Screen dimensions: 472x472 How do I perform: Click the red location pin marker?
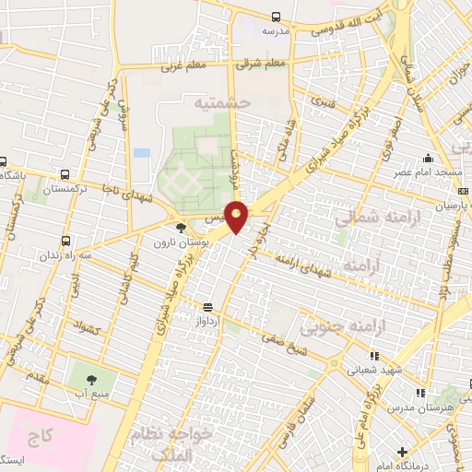coord(237,216)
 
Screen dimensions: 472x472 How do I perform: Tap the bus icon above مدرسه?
coord(277,16)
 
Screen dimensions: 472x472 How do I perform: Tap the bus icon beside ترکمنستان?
coord(64,174)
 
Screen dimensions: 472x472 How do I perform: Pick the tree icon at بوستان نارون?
coord(180,228)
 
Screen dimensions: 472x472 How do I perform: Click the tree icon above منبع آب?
coord(90,379)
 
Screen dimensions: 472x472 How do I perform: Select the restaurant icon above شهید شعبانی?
coord(372,356)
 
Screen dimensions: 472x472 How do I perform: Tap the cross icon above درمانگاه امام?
coord(402,451)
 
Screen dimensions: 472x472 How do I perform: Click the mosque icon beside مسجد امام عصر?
coord(430,159)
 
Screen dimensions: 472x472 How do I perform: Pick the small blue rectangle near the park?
coord(141,152)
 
